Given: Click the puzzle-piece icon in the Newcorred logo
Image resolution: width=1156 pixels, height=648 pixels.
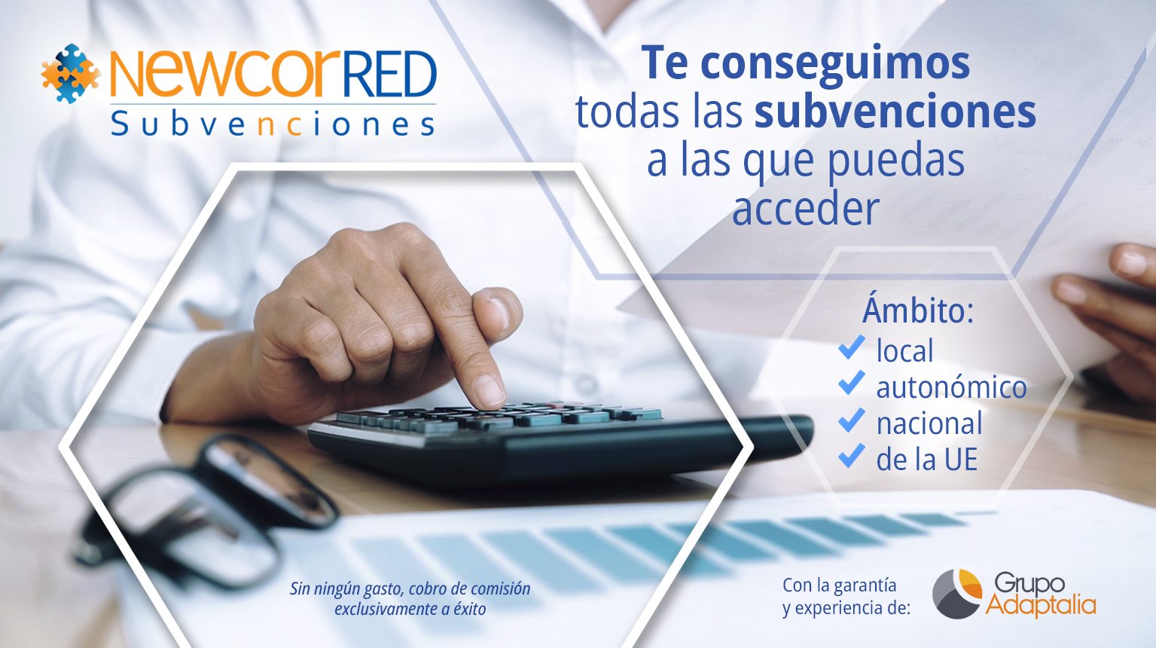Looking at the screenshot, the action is (x=71, y=73).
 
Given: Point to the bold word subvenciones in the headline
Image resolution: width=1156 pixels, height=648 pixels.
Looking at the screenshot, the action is (x=895, y=111).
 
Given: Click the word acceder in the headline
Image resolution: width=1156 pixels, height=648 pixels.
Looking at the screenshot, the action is (x=806, y=209).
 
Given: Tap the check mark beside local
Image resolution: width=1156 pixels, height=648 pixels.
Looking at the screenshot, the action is (x=852, y=347).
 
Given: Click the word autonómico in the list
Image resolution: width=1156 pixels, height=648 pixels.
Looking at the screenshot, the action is (x=952, y=387).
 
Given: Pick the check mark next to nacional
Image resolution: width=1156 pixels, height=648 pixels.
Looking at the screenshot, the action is (x=852, y=420).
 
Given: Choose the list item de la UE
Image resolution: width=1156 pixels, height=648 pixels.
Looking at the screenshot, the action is (x=927, y=459).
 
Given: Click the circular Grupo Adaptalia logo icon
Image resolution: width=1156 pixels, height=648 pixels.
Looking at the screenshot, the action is (x=957, y=594).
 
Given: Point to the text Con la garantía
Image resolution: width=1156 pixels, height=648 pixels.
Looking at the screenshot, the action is (x=840, y=585).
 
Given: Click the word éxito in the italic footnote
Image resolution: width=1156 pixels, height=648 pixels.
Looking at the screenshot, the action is (x=470, y=609).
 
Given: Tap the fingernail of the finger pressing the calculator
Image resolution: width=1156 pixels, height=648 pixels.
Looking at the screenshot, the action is (x=490, y=390).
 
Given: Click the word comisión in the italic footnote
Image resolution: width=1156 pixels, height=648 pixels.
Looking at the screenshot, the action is (x=501, y=588).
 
